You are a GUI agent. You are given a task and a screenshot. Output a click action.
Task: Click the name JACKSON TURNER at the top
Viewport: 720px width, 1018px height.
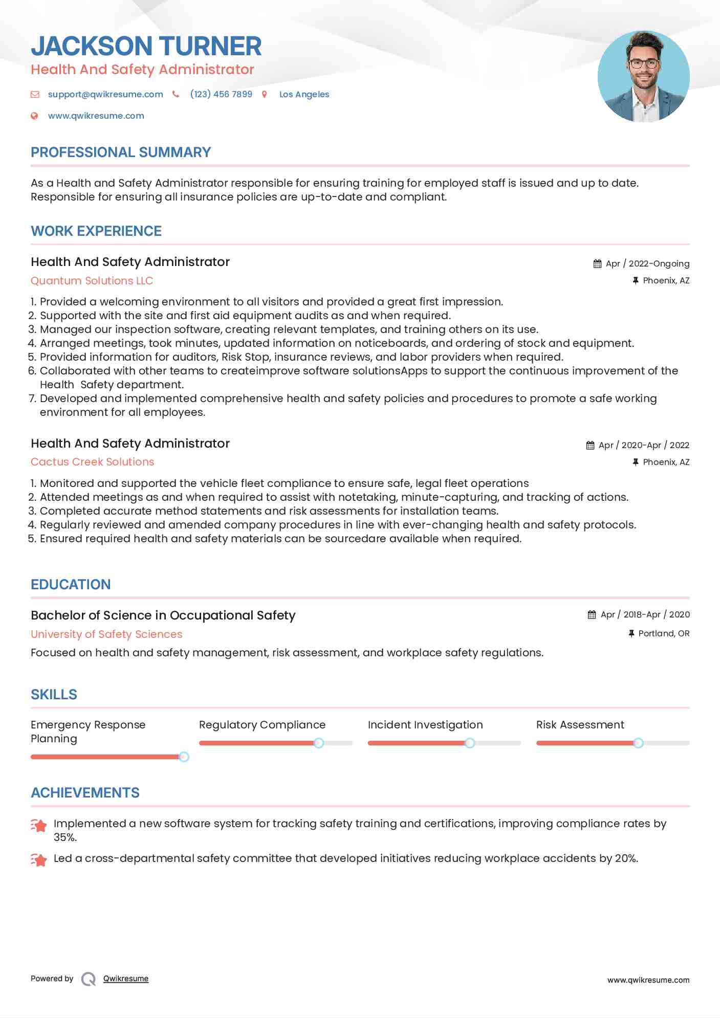coord(146,46)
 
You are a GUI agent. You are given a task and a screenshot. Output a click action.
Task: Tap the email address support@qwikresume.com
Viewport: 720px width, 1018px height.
coord(105,94)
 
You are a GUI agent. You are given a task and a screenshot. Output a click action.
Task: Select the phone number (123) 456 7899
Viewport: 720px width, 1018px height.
coord(221,94)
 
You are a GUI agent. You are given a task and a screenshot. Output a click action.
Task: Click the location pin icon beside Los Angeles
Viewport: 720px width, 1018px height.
coord(265,94)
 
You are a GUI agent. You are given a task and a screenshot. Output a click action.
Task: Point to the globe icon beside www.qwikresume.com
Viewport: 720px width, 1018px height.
coord(34,116)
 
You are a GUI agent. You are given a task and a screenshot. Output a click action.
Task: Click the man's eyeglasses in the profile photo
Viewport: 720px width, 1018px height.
coord(643,64)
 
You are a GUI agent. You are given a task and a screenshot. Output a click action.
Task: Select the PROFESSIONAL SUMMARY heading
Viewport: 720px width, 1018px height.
coord(121,152)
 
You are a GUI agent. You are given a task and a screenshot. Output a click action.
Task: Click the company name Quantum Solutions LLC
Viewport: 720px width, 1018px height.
coord(92,281)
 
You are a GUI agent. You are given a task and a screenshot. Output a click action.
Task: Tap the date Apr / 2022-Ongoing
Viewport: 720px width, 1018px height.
coord(647,263)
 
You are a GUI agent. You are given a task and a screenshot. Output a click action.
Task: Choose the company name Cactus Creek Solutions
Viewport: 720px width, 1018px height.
coord(93,462)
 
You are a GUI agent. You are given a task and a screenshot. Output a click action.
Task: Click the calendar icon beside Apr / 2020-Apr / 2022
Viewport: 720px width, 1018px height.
coord(590,445)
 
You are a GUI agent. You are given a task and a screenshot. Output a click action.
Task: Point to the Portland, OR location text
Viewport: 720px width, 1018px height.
coord(664,633)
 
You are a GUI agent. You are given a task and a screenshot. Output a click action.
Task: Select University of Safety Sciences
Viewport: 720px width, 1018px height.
coord(106,634)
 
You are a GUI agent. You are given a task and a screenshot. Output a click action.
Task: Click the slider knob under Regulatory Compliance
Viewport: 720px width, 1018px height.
coord(319,743)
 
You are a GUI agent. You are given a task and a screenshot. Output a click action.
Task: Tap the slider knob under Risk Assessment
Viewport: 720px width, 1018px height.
coord(638,743)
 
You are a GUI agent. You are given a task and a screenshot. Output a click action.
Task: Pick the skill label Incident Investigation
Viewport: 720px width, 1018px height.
coord(425,725)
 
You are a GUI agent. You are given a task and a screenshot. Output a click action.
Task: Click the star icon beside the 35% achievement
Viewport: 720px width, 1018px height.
coord(39,825)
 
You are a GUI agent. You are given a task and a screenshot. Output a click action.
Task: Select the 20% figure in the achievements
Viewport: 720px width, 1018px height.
coord(626,858)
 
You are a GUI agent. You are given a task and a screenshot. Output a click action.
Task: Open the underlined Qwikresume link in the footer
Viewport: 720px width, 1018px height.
coord(126,979)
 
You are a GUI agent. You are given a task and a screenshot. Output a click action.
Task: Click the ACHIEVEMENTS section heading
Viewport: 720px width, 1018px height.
coord(85,793)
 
